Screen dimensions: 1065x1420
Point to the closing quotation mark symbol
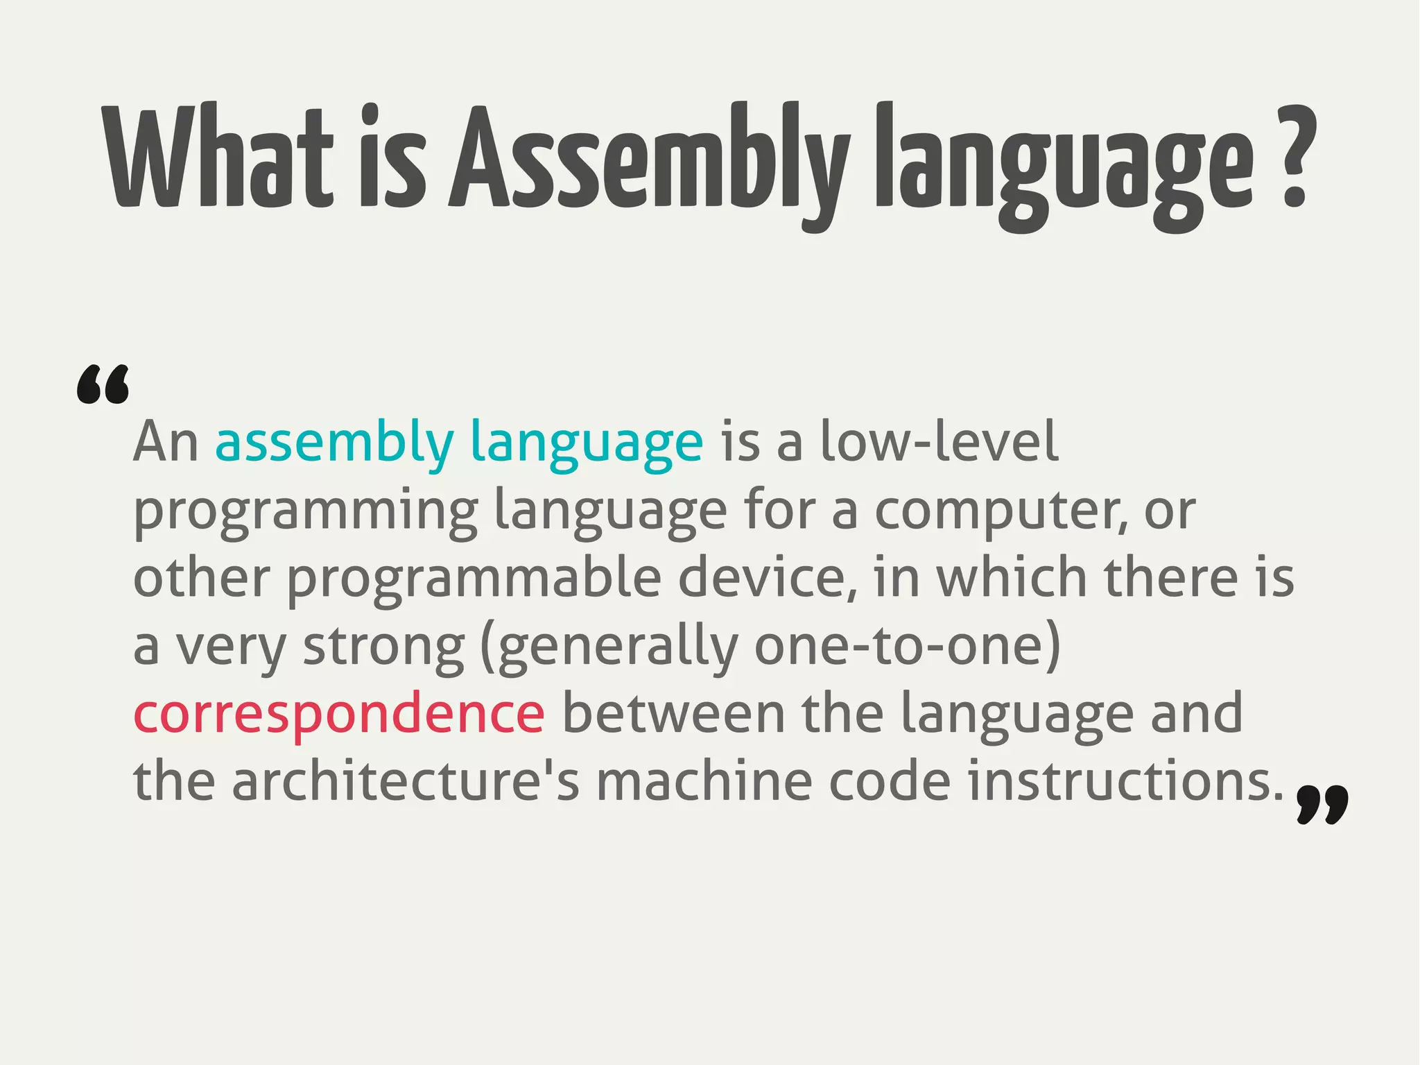[x=1322, y=805]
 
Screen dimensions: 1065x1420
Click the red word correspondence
[x=338, y=715]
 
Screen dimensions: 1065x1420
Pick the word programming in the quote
[x=305, y=512]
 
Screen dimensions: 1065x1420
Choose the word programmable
[x=474, y=579]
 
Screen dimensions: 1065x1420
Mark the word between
[x=673, y=715]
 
